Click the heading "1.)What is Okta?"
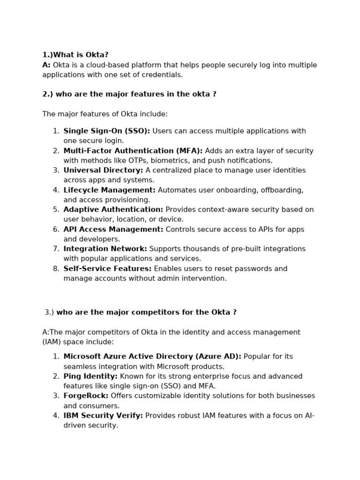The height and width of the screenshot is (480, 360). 75,55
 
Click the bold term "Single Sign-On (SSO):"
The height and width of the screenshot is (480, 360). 106,131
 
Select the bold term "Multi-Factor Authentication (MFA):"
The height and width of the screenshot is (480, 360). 133,151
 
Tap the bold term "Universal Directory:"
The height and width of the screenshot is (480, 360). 103,171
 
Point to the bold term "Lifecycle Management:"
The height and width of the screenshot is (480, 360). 109,190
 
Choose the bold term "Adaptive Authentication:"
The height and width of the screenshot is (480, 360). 113,210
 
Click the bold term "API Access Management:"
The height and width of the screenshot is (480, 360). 113,229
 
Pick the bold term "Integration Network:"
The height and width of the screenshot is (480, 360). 105,249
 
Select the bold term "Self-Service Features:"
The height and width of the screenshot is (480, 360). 107,269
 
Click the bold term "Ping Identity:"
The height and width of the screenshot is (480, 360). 90,376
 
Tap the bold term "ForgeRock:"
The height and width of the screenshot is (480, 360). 86,396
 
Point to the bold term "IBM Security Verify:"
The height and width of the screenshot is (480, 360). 103,416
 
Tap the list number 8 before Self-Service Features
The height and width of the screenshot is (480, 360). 56,269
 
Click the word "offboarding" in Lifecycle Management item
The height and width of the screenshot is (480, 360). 282,190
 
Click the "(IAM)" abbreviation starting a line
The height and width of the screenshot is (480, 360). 51,342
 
